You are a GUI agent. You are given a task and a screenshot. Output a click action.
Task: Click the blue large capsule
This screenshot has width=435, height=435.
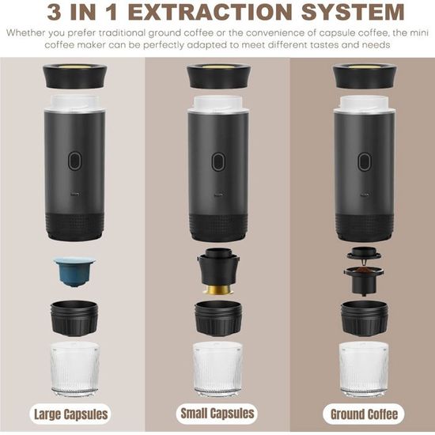74,271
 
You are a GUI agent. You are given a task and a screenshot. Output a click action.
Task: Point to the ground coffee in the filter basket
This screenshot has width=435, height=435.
364,270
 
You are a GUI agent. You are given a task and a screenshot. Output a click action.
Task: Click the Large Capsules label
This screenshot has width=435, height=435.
70,414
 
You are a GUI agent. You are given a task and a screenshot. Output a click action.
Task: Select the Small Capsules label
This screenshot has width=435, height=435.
217,413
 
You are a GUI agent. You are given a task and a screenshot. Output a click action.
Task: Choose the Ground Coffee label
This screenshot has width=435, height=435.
364,414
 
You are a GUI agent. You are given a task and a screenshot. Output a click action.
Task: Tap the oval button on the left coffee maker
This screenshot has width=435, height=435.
75,161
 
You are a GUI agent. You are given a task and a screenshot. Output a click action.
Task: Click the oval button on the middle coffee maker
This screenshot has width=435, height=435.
218,161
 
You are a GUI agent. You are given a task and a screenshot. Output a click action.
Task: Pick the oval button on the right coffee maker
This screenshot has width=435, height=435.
365,161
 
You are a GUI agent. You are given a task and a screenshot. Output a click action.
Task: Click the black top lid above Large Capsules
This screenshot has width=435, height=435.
75,76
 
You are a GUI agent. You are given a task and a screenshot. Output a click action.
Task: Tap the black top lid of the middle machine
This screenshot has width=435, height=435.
218,76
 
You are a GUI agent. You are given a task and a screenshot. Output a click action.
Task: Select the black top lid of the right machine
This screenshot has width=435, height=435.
365,76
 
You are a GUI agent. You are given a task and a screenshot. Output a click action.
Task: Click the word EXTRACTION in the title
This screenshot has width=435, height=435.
210,12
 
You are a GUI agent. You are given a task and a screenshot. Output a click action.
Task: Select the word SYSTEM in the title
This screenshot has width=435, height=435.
352,12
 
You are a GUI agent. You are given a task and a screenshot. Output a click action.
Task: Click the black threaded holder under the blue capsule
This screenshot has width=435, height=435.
74,318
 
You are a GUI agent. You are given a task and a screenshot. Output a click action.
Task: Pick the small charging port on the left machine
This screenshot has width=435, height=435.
75,195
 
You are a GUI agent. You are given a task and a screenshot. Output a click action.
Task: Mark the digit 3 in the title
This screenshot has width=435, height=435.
55,12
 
